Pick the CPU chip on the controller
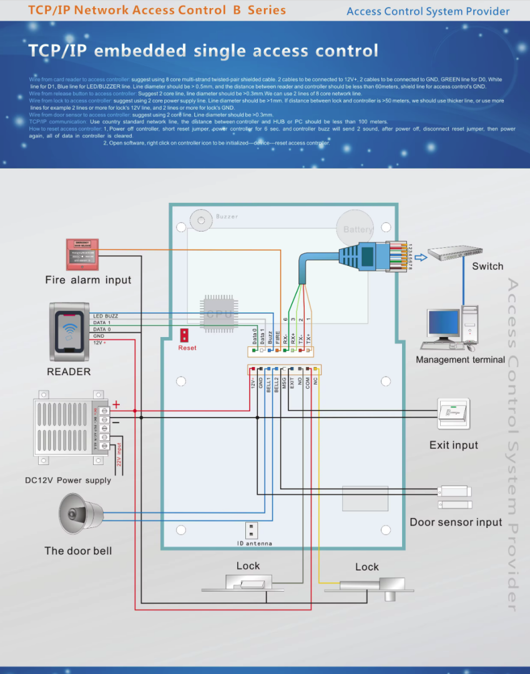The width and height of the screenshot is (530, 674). (x=220, y=314)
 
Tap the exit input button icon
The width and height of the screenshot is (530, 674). (x=453, y=414)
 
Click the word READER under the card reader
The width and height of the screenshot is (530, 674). (x=69, y=372)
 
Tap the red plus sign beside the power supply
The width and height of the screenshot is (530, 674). (x=116, y=405)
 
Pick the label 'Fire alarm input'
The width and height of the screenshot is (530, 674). (x=88, y=280)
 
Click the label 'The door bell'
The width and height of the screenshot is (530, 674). (x=78, y=551)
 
